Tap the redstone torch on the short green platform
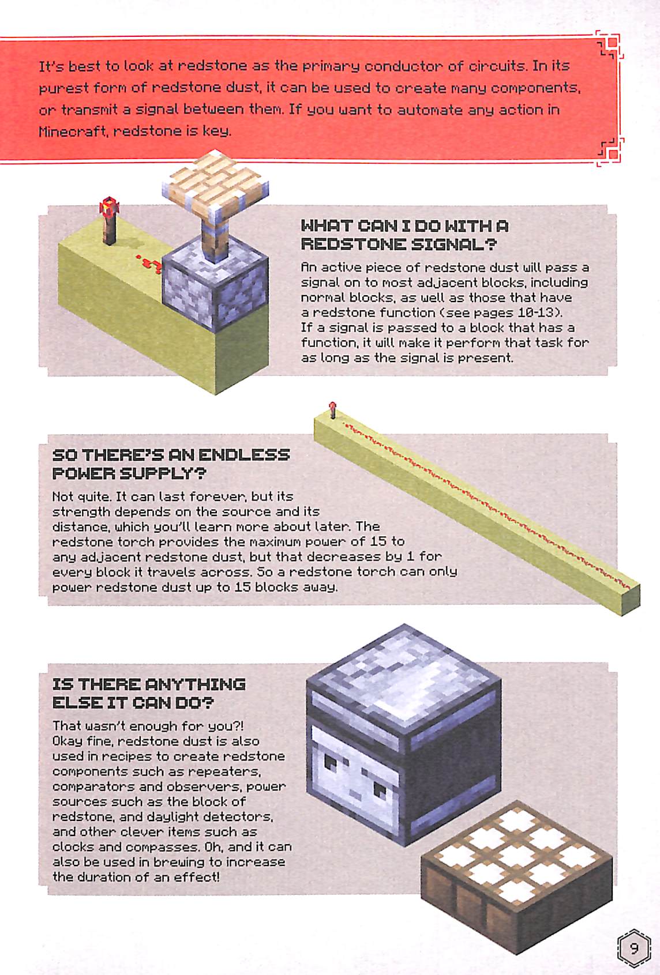(x=110, y=220)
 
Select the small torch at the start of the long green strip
(x=333, y=410)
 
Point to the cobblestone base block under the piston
(x=215, y=284)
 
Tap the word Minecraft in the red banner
(x=73, y=131)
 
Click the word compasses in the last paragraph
(x=159, y=848)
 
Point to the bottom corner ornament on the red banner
(x=610, y=152)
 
